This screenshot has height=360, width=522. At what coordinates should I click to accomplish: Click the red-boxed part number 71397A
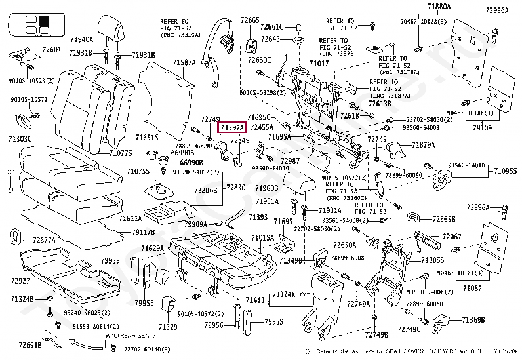[232, 127]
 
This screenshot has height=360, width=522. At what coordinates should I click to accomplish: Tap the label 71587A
[184, 62]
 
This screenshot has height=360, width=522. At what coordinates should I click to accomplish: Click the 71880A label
[439, 7]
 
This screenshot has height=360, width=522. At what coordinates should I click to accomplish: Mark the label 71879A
[424, 144]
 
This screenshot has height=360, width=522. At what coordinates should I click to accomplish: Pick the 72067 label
[452, 236]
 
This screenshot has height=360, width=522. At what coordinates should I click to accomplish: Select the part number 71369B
[472, 319]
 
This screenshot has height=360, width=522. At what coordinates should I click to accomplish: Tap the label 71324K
[283, 294]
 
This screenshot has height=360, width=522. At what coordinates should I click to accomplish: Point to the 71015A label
[262, 237]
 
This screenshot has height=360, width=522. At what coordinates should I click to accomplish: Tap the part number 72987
[290, 161]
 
